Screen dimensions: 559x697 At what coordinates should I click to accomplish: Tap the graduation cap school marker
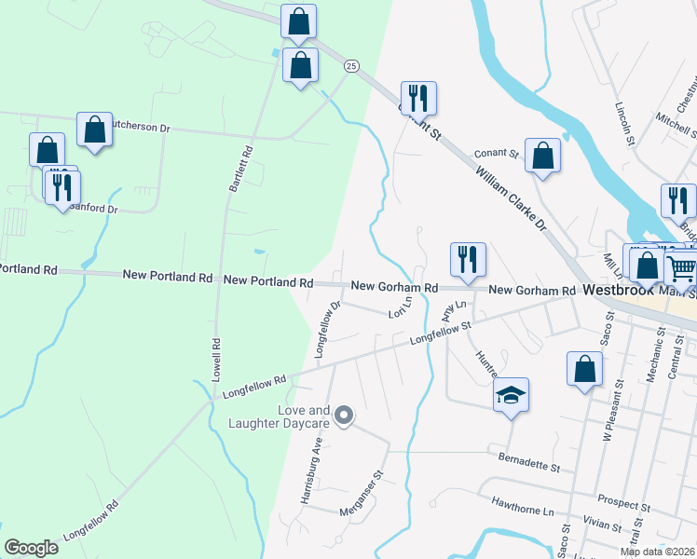(512, 395)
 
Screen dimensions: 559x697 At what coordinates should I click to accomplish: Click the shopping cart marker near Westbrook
(682, 267)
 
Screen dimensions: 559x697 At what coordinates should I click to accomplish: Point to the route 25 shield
(350, 65)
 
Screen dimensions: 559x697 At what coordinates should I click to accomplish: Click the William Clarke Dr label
(509, 200)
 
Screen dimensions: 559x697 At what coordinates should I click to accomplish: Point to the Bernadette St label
(528, 462)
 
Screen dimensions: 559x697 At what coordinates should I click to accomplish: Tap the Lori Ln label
(401, 314)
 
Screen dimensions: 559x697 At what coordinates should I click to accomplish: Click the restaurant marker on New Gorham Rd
(467, 260)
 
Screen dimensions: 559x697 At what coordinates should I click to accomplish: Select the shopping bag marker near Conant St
(542, 156)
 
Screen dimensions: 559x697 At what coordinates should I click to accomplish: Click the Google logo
(31, 547)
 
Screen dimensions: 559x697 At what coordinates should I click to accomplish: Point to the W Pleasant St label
(609, 416)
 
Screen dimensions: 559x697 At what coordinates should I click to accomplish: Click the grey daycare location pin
(344, 416)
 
